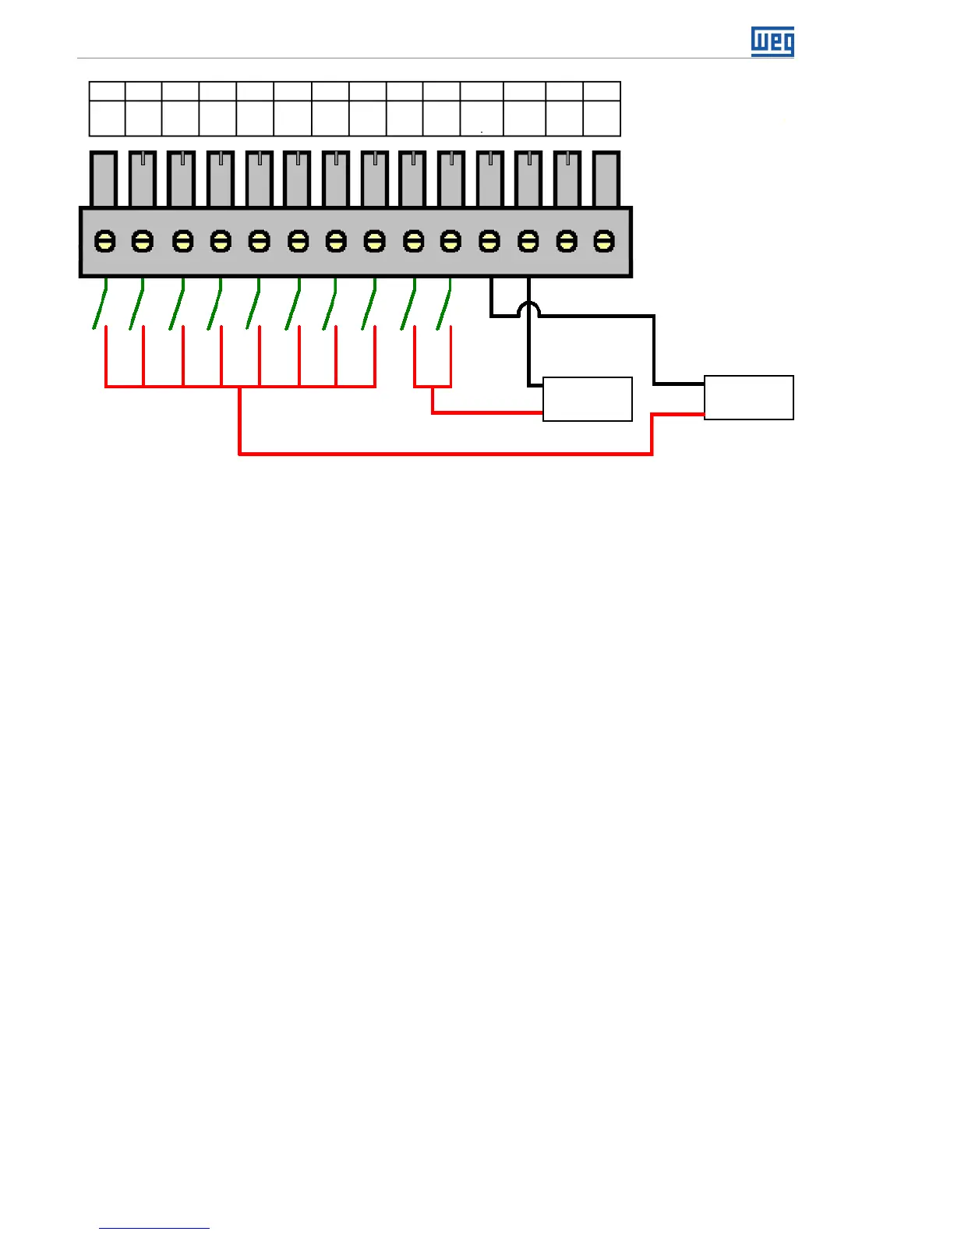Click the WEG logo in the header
(772, 41)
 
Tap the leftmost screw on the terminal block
(104, 241)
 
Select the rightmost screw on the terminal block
(604, 241)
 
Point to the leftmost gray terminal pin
(103, 179)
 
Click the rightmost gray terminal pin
(606, 179)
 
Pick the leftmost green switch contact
(100, 308)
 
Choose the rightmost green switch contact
(443, 308)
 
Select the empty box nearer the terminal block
(587, 399)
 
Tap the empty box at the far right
(748, 398)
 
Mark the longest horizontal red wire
(444, 453)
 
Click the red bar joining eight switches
(240, 386)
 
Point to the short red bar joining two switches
(433, 386)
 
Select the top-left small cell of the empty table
(107, 90)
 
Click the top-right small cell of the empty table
(602, 90)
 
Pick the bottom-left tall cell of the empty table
(107, 118)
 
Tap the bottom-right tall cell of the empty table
(602, 118)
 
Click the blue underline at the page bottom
(154, 1228)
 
